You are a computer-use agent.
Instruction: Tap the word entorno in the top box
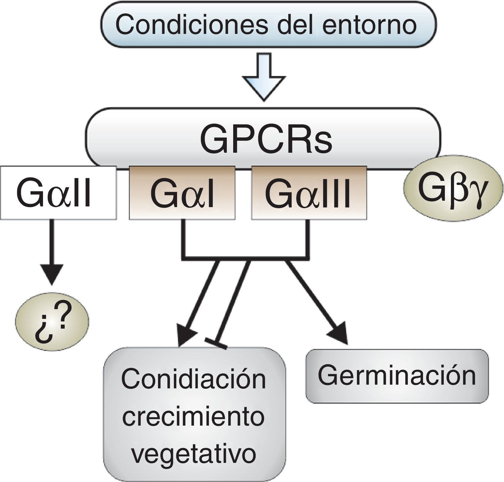(369, 25)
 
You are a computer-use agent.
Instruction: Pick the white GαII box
(58, 193)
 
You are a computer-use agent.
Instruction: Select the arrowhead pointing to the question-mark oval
(52, 274)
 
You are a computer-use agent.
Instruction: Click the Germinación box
(396, 376)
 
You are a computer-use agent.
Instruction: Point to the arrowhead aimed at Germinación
(339, 334)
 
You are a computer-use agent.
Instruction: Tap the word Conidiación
(194, 379)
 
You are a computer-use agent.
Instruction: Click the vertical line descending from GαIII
(307, 238)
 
